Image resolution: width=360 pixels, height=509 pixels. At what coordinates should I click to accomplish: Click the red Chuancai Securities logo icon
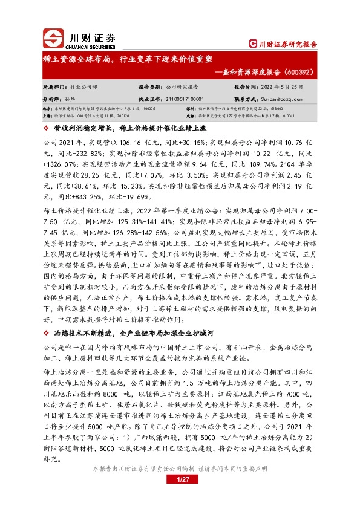(53, 39)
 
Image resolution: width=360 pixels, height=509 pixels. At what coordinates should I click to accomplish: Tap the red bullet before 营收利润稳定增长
(47, 129)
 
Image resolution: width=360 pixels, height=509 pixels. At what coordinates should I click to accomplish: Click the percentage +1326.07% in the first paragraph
(59, 163)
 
